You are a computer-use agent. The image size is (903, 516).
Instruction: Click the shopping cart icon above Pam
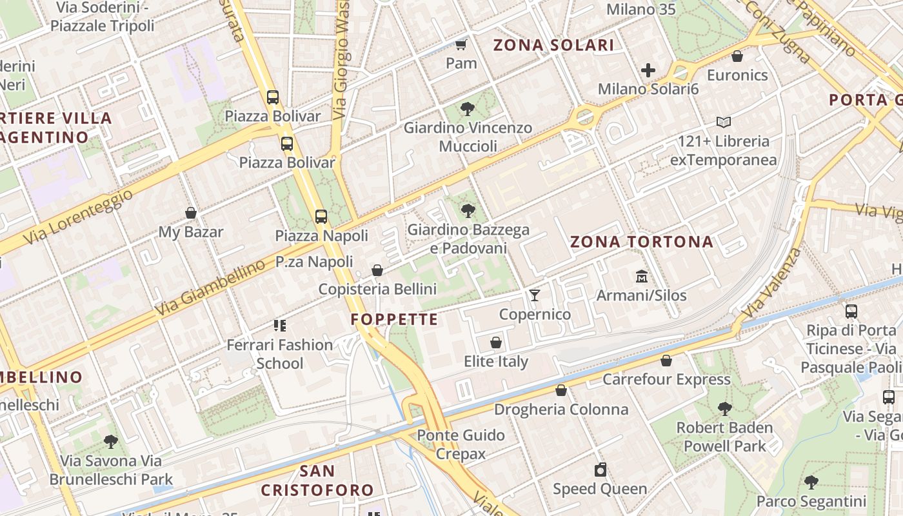click(461, 45)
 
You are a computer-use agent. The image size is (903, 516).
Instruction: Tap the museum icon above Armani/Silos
click(642, 277)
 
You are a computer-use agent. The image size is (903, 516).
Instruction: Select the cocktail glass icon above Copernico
click(535, 295)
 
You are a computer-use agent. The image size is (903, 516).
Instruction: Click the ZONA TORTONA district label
click(642, 242)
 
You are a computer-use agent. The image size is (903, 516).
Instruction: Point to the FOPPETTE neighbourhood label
click(395, 319)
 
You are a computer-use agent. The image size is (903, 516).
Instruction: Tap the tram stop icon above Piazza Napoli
click(321, 217)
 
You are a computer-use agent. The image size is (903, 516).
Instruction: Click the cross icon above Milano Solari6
click(648, 70)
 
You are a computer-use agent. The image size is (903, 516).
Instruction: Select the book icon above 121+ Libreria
click(724, 122)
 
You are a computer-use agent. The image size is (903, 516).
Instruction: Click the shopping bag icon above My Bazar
click(191, 213)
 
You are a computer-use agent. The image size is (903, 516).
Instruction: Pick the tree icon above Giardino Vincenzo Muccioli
click(468, 109)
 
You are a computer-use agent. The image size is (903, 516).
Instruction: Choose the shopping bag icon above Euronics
click(737, 57)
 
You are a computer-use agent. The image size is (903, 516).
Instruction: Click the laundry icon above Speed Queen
click(600, 470)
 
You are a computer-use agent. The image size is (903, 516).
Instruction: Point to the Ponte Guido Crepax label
click(461, 444)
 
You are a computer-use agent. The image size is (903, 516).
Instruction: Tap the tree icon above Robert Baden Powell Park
click(724, 408)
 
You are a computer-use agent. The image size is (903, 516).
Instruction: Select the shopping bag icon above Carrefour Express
click(666, 361)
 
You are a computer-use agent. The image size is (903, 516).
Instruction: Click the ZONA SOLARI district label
click(553, 45)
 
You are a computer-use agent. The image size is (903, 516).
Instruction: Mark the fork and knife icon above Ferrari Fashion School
click(280, 326)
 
